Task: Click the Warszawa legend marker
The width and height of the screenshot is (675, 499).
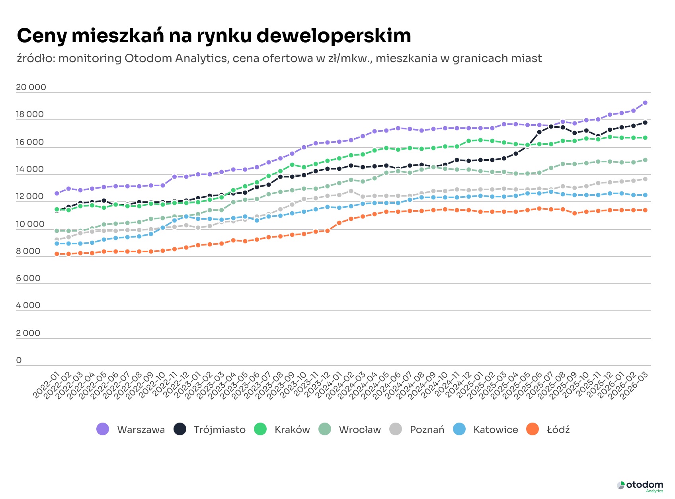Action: coord(103,429)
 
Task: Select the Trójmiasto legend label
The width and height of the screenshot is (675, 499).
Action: coord(219,430)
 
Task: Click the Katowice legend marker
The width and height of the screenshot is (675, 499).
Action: coord(459,429)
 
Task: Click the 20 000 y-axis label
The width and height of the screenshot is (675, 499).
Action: coord(31,87)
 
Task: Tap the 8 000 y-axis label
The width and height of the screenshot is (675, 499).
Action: coord(28,251)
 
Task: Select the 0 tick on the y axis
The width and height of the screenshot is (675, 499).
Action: coord(19,360)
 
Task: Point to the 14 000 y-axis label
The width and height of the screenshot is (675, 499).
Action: coord(30,169)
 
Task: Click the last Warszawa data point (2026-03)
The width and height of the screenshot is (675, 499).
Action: coord(645,103)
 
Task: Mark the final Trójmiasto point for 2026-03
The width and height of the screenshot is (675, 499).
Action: coord(645,123)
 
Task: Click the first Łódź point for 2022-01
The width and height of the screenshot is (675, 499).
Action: coord(57,254)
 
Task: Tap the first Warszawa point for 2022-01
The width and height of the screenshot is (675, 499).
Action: coord(57,193)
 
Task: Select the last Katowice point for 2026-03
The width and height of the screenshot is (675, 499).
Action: coord(645,195)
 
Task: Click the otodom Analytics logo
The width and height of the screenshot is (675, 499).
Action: coord(640,486)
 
